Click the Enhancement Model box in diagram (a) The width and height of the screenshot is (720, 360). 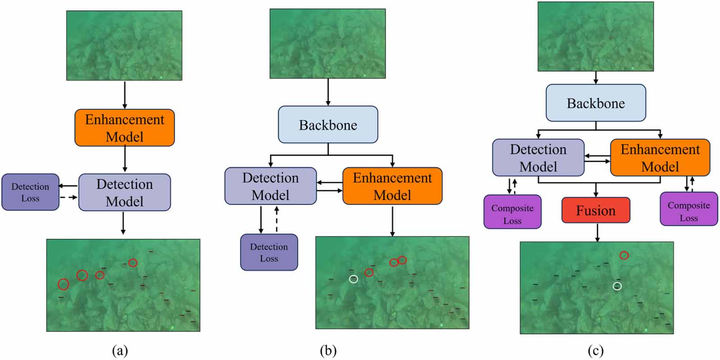click(125, 128)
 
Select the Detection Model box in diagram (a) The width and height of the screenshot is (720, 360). click(125, 192)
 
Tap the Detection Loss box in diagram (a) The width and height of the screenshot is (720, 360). click(31, 192)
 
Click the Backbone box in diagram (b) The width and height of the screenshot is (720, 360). click(328, 125)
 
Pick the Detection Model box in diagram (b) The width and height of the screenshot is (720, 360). click(270, 186)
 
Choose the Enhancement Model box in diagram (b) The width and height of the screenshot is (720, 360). click(392, 186)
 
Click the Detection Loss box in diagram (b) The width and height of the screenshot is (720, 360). click(269, 252)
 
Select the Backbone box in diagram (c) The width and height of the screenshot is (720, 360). click(596, 103)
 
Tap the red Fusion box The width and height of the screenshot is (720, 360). click(596, 210)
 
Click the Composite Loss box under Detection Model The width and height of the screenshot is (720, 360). click(513, 212)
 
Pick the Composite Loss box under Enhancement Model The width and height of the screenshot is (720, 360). click(689, 209)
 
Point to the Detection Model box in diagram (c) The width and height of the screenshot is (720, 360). click(538, 157)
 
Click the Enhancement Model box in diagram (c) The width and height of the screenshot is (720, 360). click(660, 157)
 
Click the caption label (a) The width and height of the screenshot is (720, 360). click(120, 351)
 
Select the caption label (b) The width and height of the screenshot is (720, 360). click(328, 351)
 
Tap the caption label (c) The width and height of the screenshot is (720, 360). click(596, 351)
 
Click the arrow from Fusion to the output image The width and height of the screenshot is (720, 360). click(597, 232)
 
